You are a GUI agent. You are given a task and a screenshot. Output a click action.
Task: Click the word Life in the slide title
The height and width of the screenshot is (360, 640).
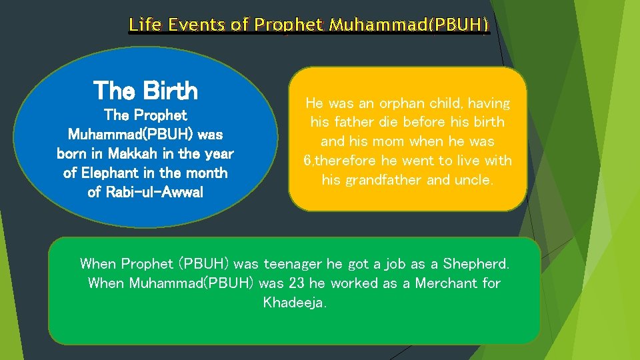pyautogui.click(x=144, y=25)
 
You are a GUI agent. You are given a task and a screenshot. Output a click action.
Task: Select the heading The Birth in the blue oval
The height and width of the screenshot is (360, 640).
pyautogui.click(x=145, y=90)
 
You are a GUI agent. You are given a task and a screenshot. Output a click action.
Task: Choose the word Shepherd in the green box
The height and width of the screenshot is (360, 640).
pyautogui.click(x=479, y=263)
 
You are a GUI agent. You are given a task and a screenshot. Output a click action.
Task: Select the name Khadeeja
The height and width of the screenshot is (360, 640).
pyautogui.click(x=294, y=303)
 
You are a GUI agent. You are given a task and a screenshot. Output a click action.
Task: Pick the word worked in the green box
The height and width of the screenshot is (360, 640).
pyautogui.click(x=355, y=283)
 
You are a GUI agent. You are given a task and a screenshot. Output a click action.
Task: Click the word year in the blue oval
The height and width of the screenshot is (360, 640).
pyautogui.click(x=219, y=154)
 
